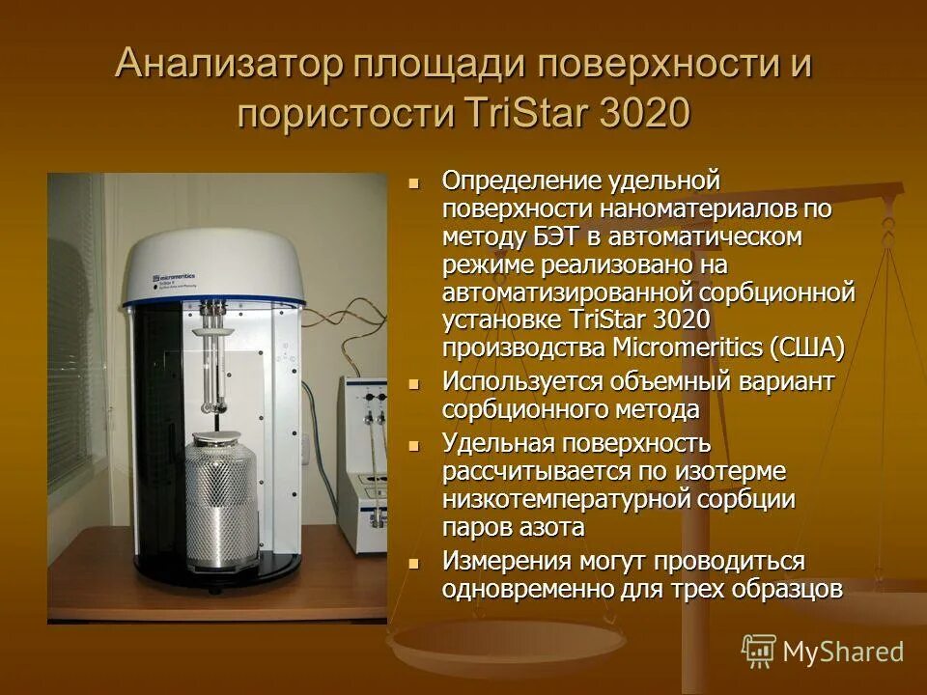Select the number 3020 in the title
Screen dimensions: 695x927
(645, 113)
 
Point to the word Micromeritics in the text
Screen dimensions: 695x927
(688, 347)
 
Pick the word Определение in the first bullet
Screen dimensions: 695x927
(520, 181)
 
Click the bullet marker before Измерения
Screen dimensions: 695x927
(415, 562)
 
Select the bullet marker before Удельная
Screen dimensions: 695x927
(415, 445)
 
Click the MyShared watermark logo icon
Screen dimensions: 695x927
(759, 651)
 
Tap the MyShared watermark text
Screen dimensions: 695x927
(843, 652)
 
